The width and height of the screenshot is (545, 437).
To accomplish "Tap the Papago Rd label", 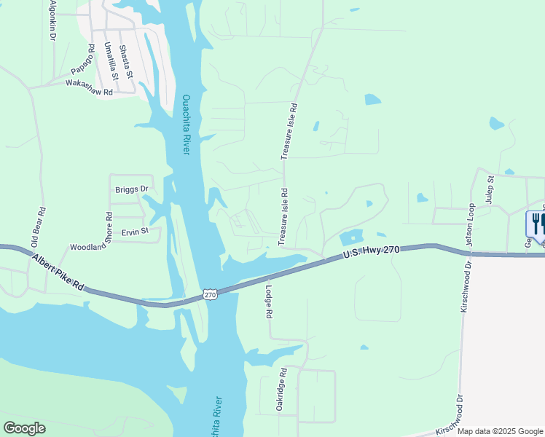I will tap(83, 60).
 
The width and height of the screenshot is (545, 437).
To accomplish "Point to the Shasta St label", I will tap(126, 61).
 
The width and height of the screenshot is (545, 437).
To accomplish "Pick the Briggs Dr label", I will tap(131, 189).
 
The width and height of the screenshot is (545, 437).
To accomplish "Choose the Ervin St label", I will tap(135, 232).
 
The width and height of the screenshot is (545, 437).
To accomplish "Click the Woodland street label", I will tap(88, 248).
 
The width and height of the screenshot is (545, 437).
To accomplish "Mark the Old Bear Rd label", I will tap(39, 226).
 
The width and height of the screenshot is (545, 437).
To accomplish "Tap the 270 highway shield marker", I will tap(210, 294).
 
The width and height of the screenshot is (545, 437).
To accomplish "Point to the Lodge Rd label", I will tap(269, 300).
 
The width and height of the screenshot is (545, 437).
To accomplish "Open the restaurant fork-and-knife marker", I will tap(537, 223).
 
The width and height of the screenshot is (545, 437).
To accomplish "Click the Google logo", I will tap(24, 428).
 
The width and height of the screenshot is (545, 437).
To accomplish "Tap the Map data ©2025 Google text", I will tap(500, 431).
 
